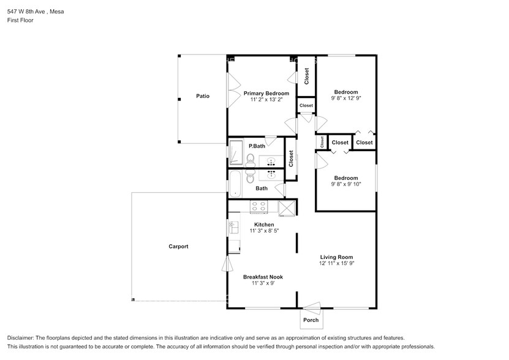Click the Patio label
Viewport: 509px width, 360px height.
point(203,96)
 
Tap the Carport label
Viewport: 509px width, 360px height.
point(178,246)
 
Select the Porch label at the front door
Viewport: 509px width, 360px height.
point(311,320)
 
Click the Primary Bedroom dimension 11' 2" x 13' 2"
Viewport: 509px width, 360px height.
point(266,100)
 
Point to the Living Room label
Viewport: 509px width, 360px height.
point(336,257)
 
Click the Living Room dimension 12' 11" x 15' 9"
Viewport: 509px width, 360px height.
point(336,263)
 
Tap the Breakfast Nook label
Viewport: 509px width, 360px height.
point(263,277)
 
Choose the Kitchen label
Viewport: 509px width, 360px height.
point(264,225)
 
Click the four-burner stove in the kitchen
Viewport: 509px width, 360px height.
point(258,207)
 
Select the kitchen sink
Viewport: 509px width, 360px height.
point(234,227)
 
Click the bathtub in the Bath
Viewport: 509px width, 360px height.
point(235,184)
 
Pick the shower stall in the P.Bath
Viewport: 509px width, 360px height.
point(236,152)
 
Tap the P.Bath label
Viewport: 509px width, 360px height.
point(257,146)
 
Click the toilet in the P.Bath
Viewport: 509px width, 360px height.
point(250,159)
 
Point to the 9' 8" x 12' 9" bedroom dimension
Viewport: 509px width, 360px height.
point(346,98)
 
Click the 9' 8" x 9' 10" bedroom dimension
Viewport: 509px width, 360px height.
point(346,184)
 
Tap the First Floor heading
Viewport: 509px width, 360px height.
point(20,20)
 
